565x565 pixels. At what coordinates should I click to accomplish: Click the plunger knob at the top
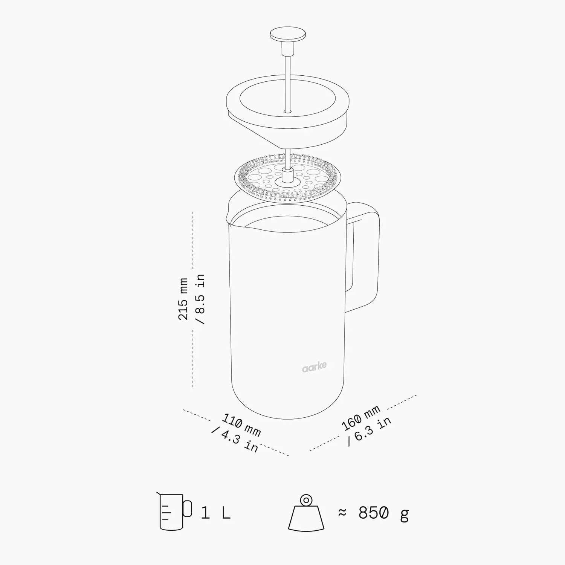288,35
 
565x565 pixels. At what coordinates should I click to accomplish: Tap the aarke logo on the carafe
314,367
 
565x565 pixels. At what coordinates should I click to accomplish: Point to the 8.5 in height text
200,299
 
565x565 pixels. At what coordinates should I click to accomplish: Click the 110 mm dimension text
241,425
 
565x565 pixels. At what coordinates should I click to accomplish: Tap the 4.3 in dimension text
235,439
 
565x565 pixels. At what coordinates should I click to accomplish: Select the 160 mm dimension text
361,418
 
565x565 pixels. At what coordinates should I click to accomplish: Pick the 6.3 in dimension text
369,431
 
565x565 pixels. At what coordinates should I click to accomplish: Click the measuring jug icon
174,511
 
